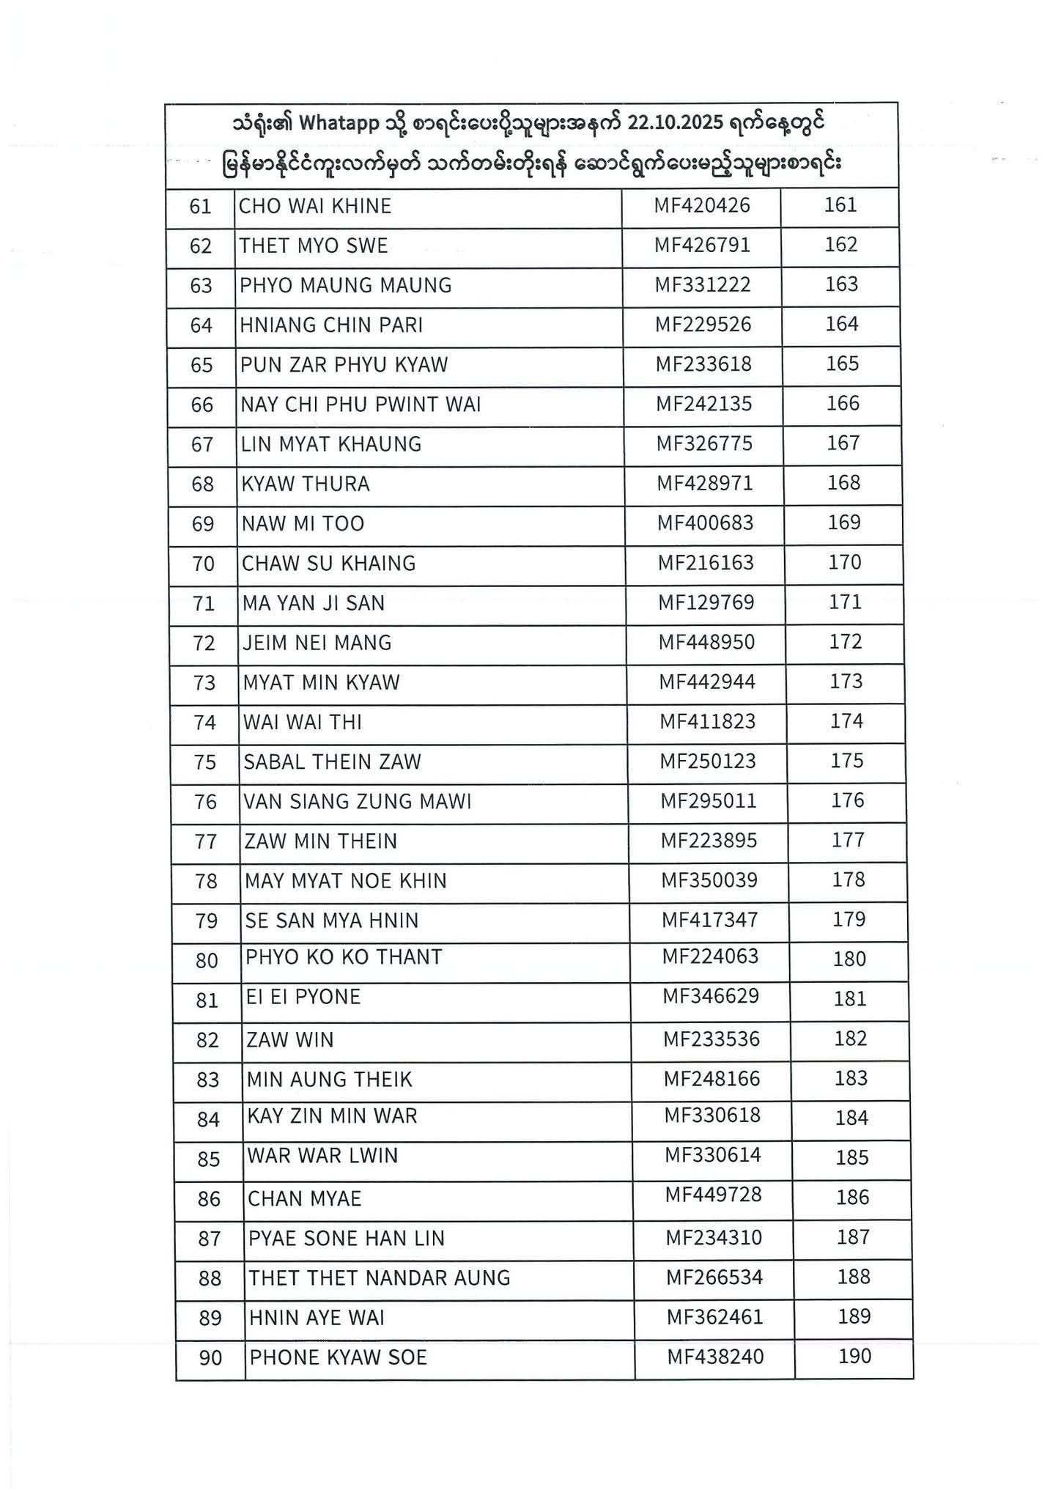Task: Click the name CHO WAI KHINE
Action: click(x=315, y=206)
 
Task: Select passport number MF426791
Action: click(x=702, y=245)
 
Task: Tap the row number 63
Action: click(x=201, y=286)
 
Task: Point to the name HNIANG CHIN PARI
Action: click(x=331, y=325)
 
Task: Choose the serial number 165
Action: click(x=842, y=364)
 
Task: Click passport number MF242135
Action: click(x=703, y=404)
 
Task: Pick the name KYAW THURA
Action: click(x=306, y=484)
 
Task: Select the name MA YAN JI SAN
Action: click(x=314, y=603)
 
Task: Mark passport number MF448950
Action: click(x=706, y=642)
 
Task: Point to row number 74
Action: click(x=205, y=723)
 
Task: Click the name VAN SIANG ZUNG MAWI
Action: click(x=358, y=802)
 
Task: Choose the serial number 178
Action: click(x=849, y=879)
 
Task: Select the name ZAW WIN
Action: click(x=289, y=1040)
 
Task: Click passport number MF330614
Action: click(x=712, y=1155)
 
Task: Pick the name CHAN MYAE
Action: click(x=305, y=1198)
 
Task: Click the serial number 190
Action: click(x=854, y=1356)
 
